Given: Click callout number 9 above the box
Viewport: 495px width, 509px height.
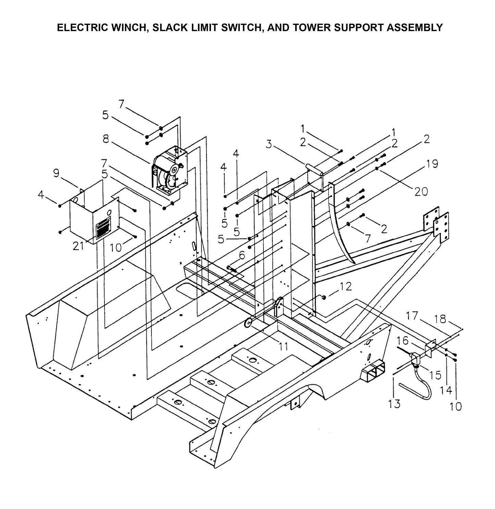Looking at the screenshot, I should [56, 174].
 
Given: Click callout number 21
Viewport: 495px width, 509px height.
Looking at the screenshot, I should [78, 246].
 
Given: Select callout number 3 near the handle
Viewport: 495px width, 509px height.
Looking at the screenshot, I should [269, 144].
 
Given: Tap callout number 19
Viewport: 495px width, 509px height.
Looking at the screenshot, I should [432, 164].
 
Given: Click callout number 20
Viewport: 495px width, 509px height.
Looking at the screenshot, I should [421, 191].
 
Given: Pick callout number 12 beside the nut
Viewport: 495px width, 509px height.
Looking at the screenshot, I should [346, 286].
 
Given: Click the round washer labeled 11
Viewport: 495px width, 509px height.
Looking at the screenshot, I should [248, 323].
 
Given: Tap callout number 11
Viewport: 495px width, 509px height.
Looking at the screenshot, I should [283, 347].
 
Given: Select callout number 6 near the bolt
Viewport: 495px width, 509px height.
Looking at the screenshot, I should [242, 255].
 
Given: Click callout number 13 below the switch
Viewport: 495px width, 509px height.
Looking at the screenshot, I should [394, 404].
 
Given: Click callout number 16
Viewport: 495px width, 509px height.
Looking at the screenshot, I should [403, 340].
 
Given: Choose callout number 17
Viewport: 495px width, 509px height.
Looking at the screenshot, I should [412, 315].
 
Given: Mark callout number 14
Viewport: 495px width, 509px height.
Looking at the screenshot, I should [446, 390].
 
